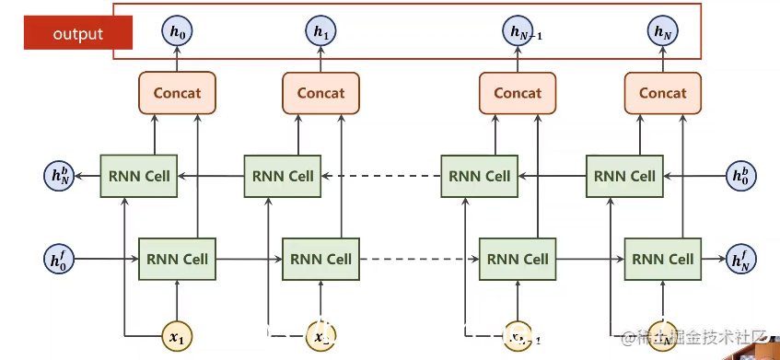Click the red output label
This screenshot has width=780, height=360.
78,34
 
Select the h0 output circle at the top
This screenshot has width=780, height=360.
177,33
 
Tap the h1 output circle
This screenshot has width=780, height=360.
320,33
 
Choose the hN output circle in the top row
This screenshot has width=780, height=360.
663,33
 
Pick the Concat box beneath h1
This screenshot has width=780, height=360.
320,92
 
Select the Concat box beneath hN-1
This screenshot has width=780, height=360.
518,92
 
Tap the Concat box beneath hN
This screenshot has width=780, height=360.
663,92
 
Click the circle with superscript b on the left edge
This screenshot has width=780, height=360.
59,175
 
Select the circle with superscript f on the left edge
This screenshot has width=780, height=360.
59,259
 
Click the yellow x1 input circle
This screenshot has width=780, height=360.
177,336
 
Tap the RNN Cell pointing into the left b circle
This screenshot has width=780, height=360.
139,175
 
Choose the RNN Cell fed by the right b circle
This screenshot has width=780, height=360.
624,175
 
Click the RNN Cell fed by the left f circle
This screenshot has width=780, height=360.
177,259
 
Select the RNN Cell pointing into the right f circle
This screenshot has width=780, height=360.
663,259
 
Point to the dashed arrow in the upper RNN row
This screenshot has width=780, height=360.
379,175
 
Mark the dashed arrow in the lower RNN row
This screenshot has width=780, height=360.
419,259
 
